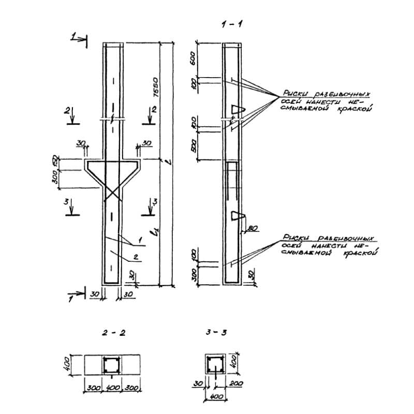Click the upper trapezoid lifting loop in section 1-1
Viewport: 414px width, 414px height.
point(237,109)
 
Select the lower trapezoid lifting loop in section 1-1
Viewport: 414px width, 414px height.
point(237,215)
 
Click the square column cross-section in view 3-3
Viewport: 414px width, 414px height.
point(214,365)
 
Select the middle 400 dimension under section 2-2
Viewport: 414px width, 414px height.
point(113,388)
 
